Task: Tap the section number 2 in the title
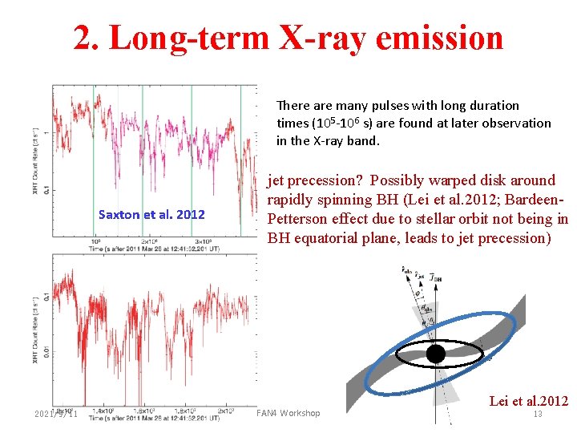pyautogui.click(x=83, y=37)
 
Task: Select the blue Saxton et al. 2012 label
pyautogui.click(x=151, y=214)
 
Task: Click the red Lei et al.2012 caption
pyautogui.click(x=528, y=400)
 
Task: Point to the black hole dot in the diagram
pyautogui.click(x=435, y=354)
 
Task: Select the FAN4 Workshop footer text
pyautogui.click(x=287, y=413)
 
